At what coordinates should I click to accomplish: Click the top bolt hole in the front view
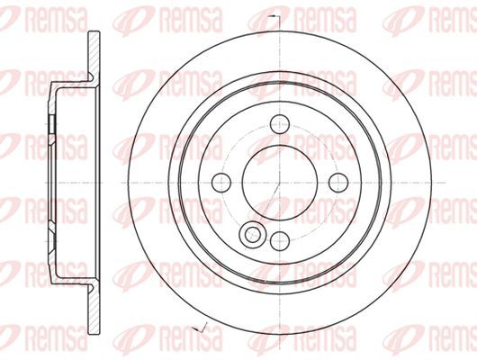(x=280, y=124)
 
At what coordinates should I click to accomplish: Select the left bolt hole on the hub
(x=221, y=183)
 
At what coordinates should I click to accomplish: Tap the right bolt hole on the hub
(x=338, y=183)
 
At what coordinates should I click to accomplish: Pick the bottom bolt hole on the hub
(x=280, y=241)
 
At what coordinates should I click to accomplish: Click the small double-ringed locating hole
(x=253, y=235)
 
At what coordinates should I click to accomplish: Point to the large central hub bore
(x=280, y=183)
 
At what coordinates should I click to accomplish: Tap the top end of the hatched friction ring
(x=94, y=31)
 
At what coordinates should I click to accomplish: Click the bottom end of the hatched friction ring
(x=94, y=334)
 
